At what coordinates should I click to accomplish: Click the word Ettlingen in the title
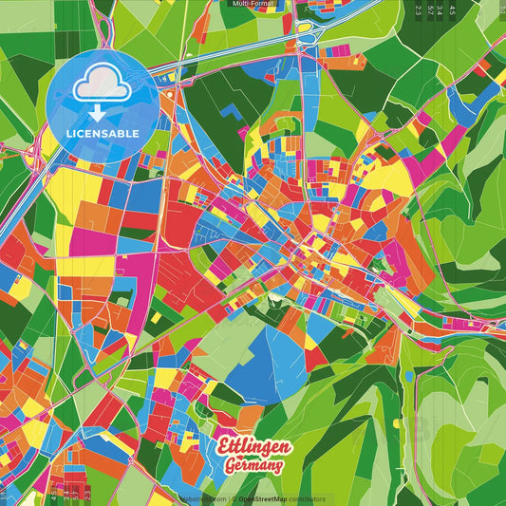[x=253, y=447]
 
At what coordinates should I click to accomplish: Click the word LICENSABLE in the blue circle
[x=102, y=132]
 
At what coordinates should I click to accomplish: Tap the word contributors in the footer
[x=305, y=498]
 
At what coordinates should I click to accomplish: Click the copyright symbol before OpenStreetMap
[x=233, y=498]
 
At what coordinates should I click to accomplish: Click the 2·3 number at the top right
[x=418, y=9]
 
